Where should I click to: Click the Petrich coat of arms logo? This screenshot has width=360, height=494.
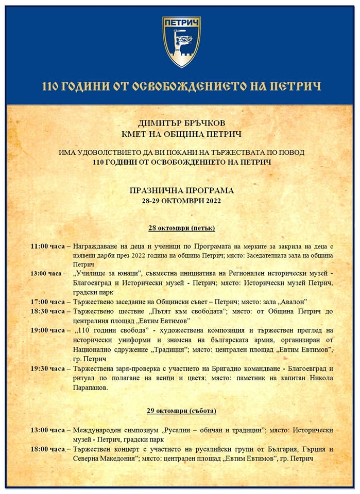pyautogui.click(x=181, y=43)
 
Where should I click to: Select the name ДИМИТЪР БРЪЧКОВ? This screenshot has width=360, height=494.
pyautogui.click(x=182, y=124)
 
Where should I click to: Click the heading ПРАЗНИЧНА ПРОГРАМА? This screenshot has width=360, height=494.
pyautogui.click(x=182, y=190)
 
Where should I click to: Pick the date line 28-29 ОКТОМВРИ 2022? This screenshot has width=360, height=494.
pyautogui.click(x=182, y=200)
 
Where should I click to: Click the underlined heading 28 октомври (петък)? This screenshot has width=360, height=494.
pyautogui.click(x=182, y=227)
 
